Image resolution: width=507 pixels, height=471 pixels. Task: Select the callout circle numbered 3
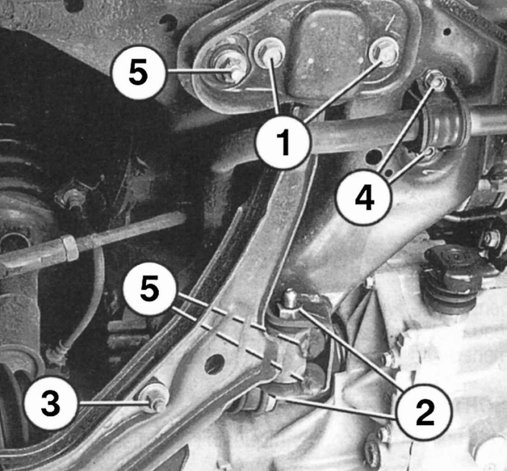point(51,403)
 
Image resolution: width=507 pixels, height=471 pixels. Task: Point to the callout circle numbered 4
point(364,197)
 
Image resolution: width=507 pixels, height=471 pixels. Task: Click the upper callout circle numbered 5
point(138,72)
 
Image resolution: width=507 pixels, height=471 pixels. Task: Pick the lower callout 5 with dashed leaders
point(150,290)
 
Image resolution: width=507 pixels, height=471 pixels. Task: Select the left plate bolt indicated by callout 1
point(269,52)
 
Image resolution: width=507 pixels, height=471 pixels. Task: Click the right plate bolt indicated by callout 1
point(384,52)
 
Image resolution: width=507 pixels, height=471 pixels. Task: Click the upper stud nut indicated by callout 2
point(290,305)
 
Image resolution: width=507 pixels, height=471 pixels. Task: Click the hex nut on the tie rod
point(70,247)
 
